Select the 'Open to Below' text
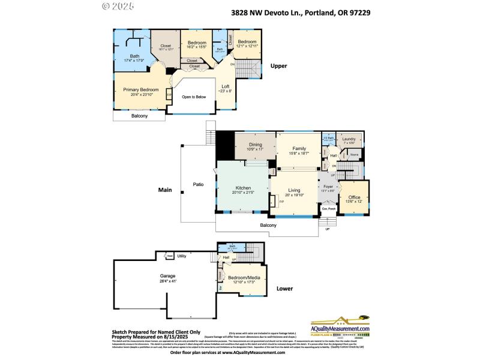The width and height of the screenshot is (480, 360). point(194,97)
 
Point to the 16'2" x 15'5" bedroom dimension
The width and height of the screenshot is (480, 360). point(197,47)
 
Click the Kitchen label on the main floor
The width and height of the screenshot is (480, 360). point(243,188)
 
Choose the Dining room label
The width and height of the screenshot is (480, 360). point(256,145)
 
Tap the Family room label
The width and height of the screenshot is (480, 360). point(299,148)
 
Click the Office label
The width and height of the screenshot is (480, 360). point(354,197)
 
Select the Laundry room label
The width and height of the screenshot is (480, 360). point(349,139)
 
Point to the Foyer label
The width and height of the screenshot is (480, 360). point(328,187)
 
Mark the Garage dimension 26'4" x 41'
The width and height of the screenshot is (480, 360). point(168,281)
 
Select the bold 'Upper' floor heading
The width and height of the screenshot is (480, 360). point(279,66)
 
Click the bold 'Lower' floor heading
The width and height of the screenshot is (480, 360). point(284,289)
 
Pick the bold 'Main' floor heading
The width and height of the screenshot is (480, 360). point(165,190)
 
